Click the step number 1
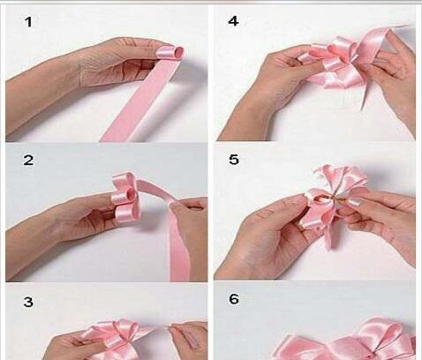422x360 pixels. click(x=28, y=22)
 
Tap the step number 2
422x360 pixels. click(x=28, y=161)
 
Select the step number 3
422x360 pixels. click(x=28, y=302)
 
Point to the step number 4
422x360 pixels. click(x=233, y=21)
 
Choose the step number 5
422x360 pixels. click(x=234, y=160)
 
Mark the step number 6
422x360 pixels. click(x=234, y=299)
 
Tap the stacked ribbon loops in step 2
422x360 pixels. click(x=125, y=195)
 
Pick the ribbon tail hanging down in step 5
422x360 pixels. click(x=329, y=236)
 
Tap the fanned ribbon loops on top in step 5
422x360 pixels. click(x=342, y=178)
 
